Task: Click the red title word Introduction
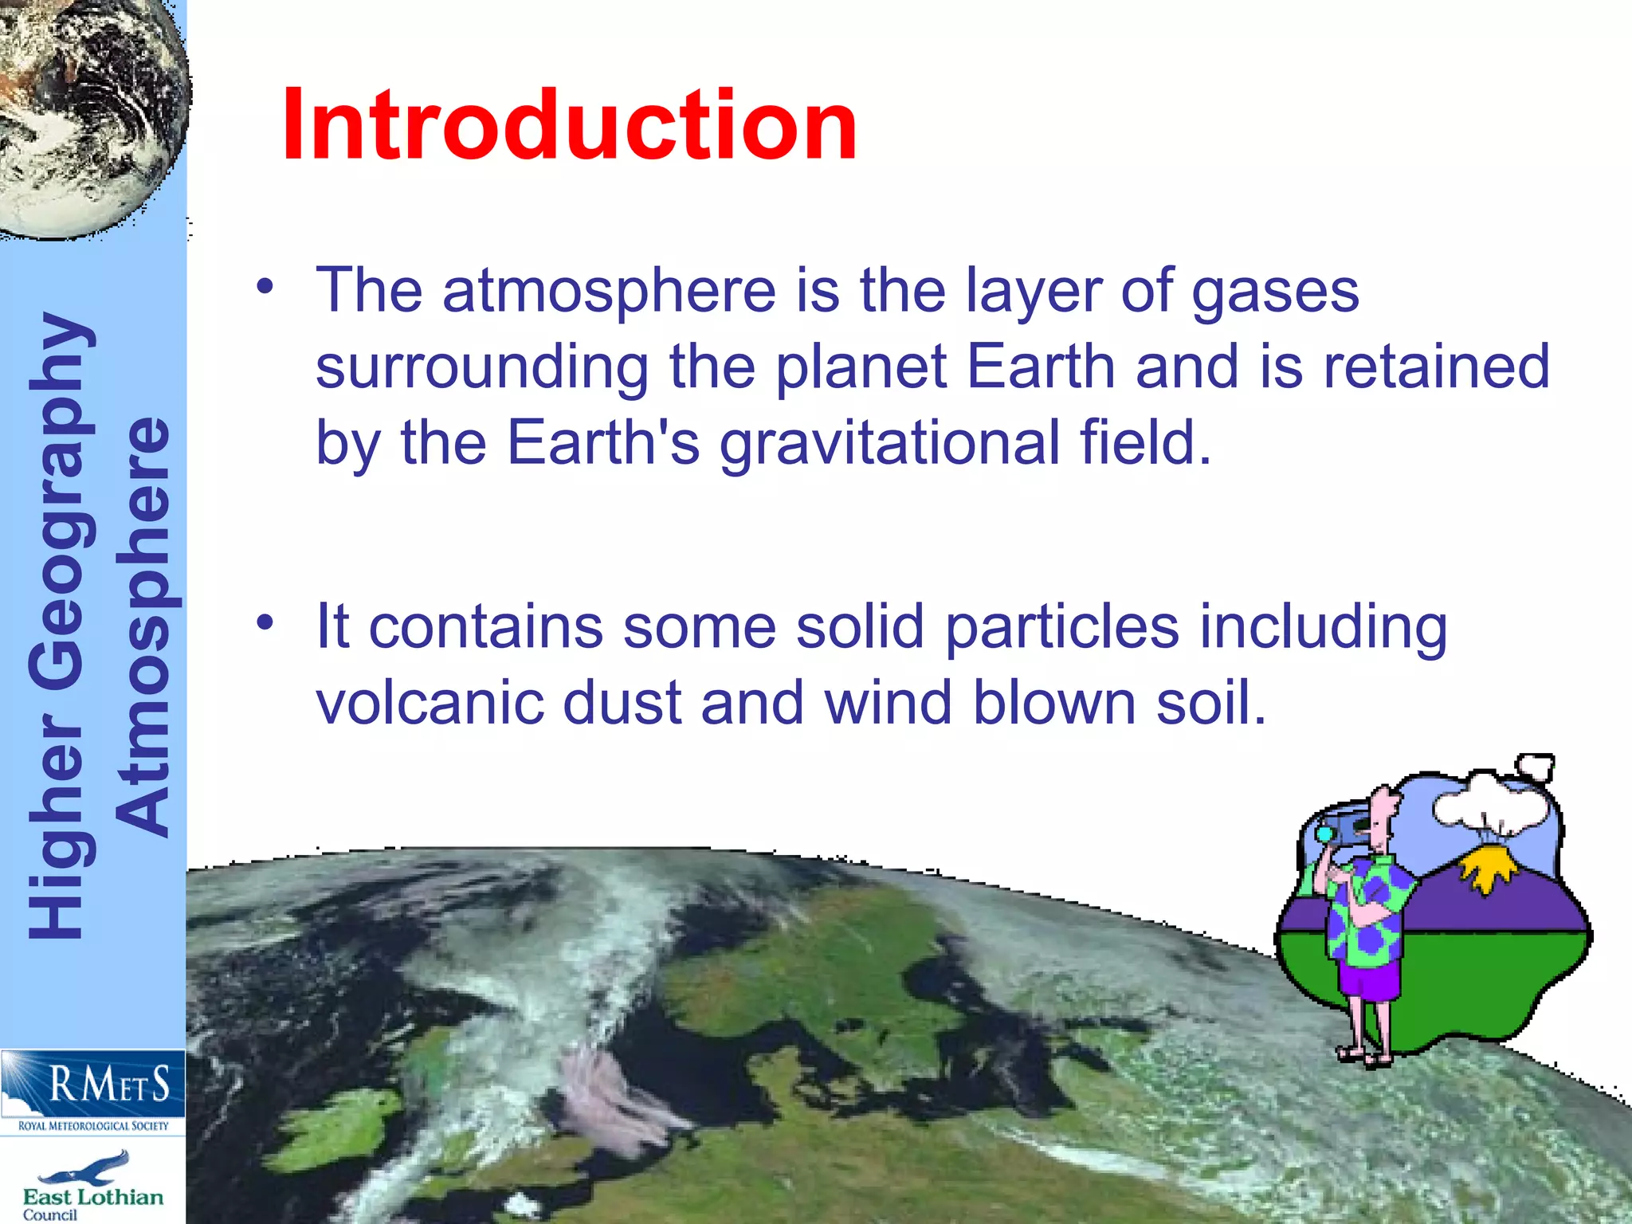coord(569,126)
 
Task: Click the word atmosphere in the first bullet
coord(609,292)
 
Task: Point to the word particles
coord(1061,628)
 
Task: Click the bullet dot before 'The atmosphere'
coord(265,287)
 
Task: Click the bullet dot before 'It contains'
coord(265,622)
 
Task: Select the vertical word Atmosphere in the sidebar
coord(143,626)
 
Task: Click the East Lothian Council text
coord(92,1202)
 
